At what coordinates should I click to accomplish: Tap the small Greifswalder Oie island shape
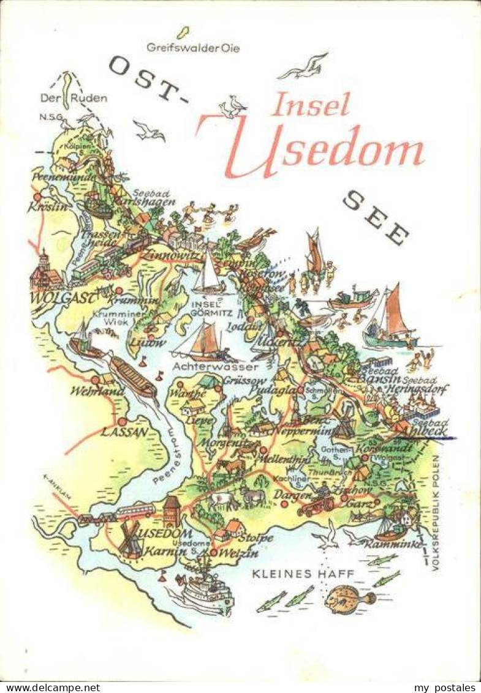pos(182,32)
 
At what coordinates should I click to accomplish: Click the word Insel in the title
pos(311,105)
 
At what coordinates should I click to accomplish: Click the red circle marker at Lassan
pos(122,421)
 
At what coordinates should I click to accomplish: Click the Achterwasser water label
pos(214,367)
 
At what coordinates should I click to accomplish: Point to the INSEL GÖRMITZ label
pos(210,309)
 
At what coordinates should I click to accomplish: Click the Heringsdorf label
pos(421,389)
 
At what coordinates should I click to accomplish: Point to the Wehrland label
pos(93,391)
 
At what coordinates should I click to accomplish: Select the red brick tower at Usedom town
pos(172,511)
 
